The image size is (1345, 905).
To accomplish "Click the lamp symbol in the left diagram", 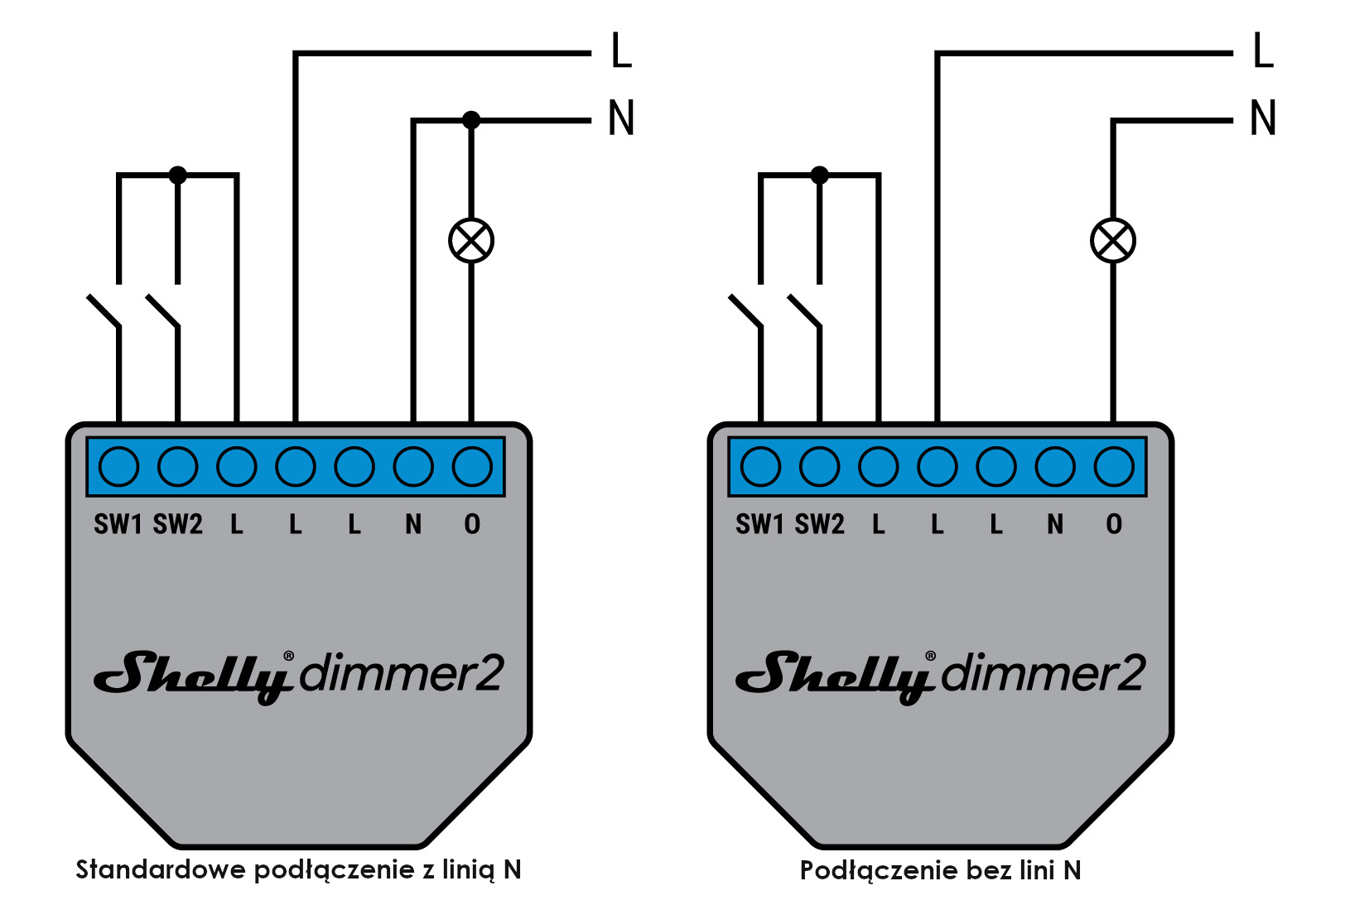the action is pos(471,241).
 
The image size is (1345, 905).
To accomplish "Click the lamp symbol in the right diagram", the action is pos(1112,241).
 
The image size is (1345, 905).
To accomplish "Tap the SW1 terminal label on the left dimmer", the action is pos(118,524).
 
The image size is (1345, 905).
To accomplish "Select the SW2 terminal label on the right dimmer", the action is pos(820,524).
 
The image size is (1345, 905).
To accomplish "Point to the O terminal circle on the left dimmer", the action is pos(472,466).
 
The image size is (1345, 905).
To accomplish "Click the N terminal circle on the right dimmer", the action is pos(1055,466).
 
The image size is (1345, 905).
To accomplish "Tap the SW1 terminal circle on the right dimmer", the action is pos(761,466).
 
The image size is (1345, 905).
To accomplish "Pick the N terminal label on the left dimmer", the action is pos(413,524).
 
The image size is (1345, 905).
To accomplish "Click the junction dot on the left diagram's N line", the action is pos(471,120).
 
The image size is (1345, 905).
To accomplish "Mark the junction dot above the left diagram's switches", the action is pos(178,176).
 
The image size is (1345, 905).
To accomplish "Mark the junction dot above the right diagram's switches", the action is pos(820,176).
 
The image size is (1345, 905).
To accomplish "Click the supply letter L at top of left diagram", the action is pos(621,51).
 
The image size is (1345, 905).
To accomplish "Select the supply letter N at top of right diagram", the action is pos(1263,118).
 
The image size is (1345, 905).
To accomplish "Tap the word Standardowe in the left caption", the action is pos(161,869).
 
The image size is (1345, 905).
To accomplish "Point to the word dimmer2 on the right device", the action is pos(1043,673).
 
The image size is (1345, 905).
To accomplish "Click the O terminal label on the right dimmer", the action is pos(1114,524).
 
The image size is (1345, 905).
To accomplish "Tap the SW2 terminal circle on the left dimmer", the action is pos(178,466).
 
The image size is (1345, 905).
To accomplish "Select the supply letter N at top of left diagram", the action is pos(621,118).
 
